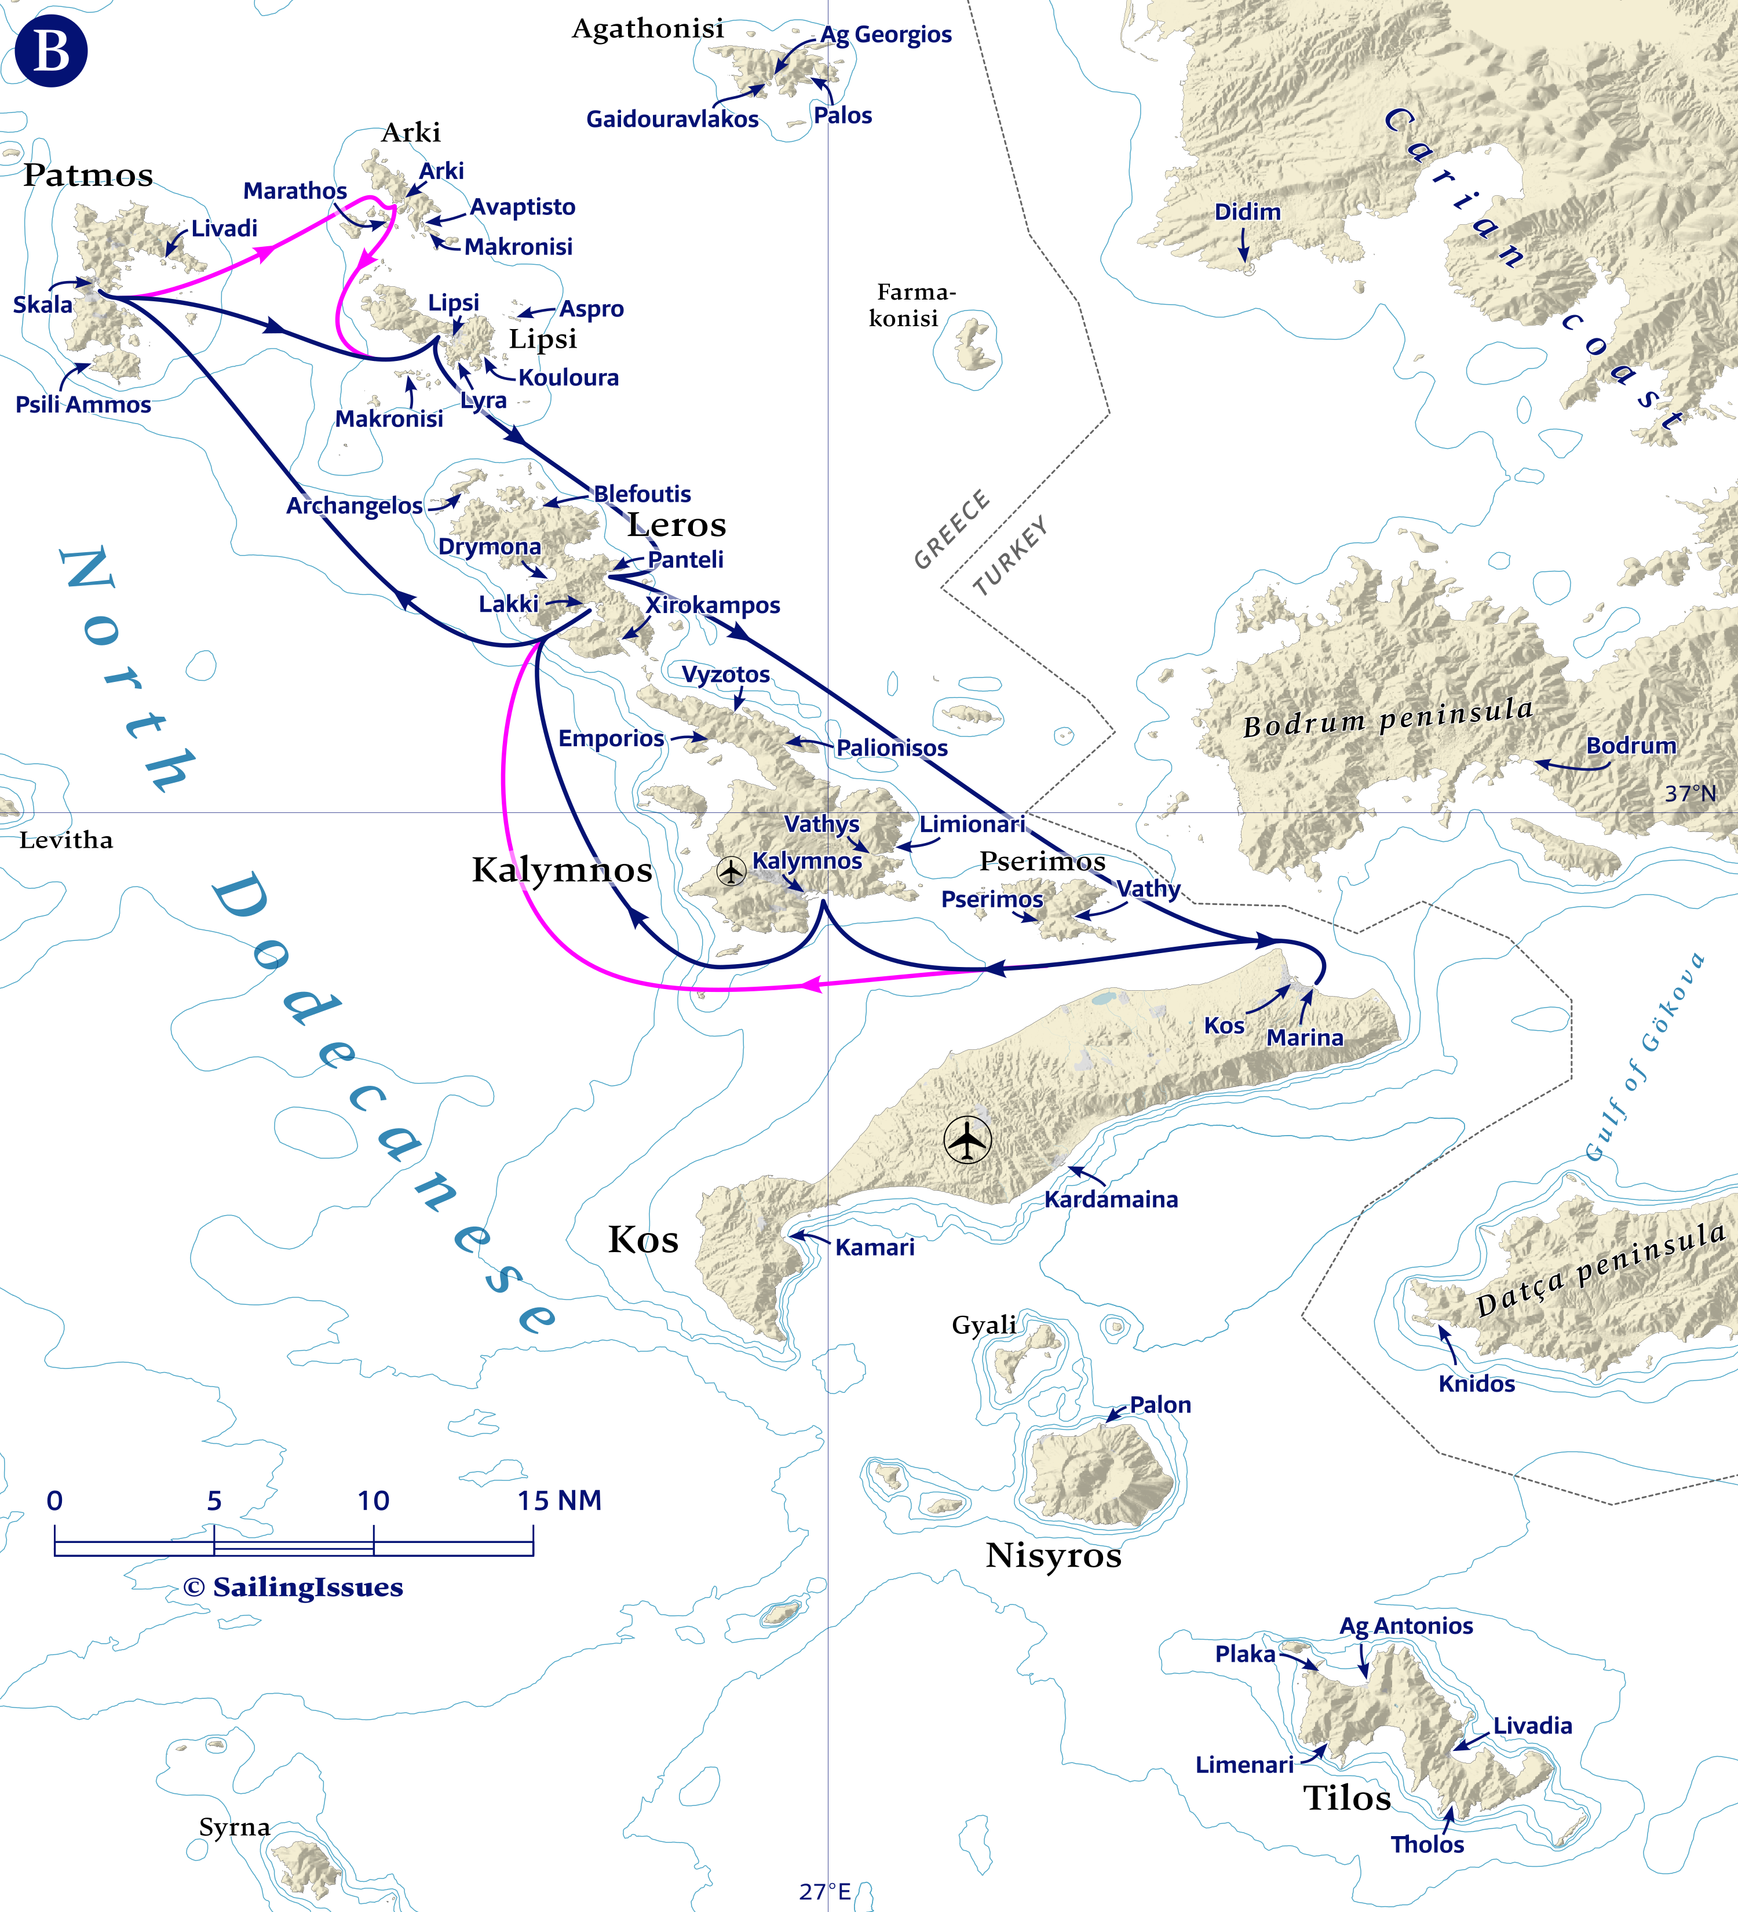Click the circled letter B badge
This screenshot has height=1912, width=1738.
51,51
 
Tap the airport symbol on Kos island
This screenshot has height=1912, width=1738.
967,1140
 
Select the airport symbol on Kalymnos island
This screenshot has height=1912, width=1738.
731,871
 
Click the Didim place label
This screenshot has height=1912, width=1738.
1247,211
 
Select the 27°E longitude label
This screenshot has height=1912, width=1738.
824,1891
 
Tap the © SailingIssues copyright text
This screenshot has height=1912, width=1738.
293,1587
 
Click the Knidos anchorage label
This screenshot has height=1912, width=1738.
1476,1384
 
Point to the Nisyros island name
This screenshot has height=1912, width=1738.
1053,1556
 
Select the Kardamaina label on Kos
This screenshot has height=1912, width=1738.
1111,1199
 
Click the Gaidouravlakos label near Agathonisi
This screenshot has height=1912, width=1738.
671,119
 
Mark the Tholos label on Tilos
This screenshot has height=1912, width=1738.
1426,1844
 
